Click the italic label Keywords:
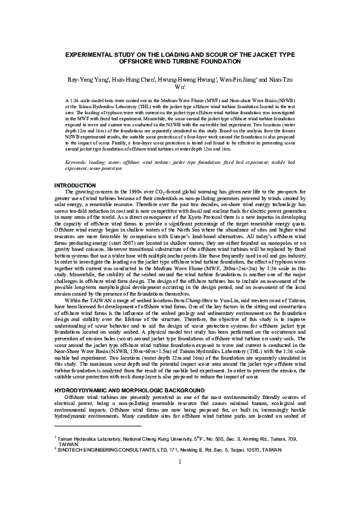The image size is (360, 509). click(77, 163)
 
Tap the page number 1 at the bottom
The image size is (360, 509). click(180, 479)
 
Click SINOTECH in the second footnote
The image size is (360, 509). click(77, 450)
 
